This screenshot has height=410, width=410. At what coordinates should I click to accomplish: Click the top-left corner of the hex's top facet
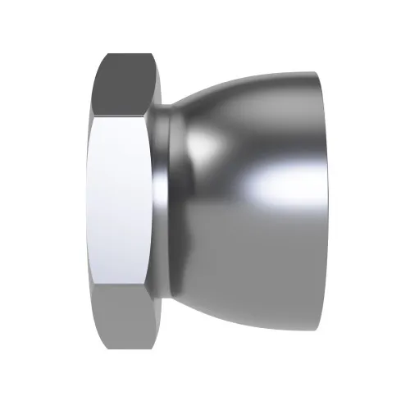(105, 56)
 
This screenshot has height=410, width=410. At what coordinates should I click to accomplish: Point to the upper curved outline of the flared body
(238, 79)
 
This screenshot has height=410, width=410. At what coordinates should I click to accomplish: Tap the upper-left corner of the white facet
(93, 117)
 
